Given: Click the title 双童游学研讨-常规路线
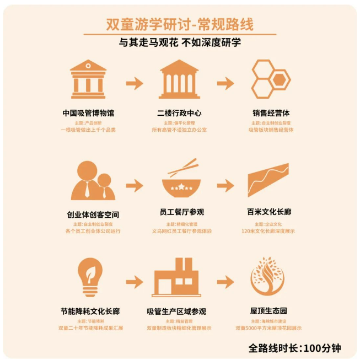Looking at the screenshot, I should (x=180, y=25).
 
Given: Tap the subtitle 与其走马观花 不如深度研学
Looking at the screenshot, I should (x=180, y=42).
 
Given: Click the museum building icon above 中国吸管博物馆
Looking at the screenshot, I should (x=88, y=78).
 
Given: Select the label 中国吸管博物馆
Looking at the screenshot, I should (x=88, y=113).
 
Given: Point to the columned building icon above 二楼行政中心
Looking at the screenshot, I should (x=179, y=78).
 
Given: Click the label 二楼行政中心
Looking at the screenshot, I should (x=179, y=113).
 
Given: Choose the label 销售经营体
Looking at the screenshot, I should (x=271, y=113).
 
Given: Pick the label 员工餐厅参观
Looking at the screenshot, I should (x=179, y=212).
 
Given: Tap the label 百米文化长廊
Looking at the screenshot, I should (x=269, y=212).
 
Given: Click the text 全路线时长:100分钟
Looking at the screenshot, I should (x=294, y=348).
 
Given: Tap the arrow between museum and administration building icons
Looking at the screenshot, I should (x=134, y=84).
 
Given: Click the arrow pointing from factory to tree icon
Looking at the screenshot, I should (x=225, y=280).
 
